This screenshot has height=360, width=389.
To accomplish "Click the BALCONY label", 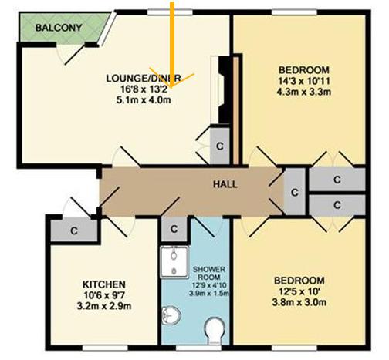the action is [59, 28].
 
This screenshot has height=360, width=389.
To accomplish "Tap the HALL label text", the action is [225, 184].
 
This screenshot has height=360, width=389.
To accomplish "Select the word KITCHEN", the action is [104, 284].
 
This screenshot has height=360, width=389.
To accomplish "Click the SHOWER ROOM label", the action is [209, 274].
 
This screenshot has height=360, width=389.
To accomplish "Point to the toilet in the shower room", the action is [215, 331].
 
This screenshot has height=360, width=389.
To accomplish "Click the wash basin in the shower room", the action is [171, 315].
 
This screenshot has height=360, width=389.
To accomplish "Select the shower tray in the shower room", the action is [174, 262].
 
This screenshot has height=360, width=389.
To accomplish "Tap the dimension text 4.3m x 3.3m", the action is [303, 92].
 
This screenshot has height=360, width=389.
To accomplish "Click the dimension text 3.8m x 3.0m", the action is [299, 302].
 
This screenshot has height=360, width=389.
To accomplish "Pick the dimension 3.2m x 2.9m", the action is [104, 306].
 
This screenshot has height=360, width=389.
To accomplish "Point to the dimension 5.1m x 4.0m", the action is [144, 99].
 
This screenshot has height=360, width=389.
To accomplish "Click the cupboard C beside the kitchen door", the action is [74, 230].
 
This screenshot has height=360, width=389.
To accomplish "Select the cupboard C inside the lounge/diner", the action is [220, 146].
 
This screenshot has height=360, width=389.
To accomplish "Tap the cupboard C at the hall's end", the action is [295, 192].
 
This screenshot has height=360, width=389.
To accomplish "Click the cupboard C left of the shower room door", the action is [174, 229].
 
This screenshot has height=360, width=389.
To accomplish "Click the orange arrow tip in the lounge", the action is [171, 87].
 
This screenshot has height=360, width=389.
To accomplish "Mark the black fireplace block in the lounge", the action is [223, 90].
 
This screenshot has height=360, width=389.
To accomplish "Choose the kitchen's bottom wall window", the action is [105, 348].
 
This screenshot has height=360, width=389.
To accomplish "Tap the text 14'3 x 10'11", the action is [303, 81].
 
